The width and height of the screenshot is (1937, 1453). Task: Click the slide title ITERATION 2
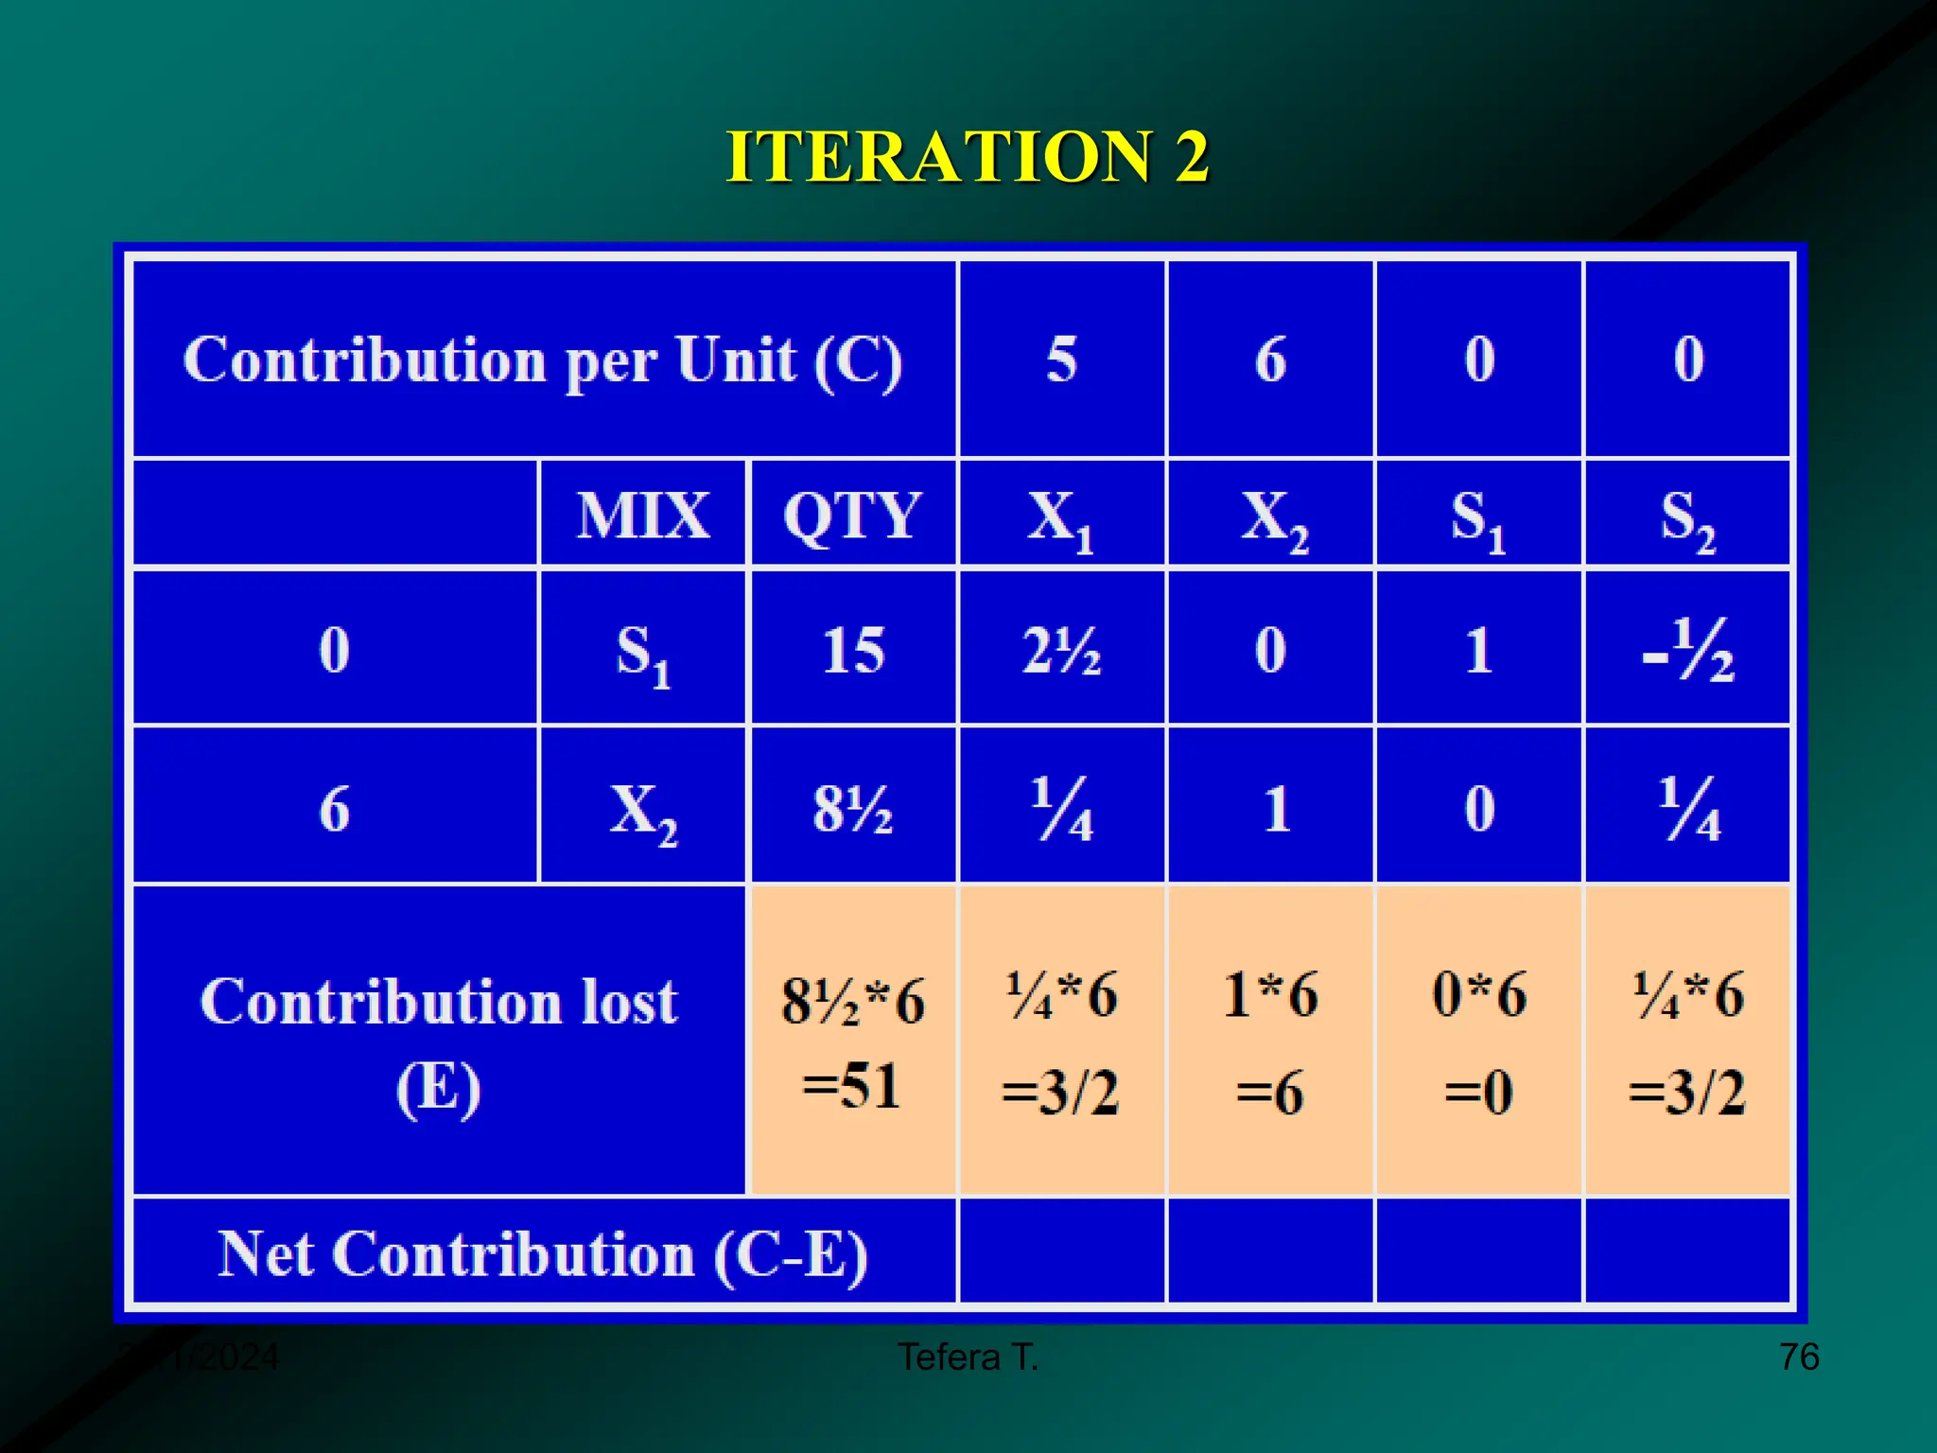967,157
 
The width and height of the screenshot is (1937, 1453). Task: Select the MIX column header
643,516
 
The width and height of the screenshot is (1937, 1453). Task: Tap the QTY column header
852,516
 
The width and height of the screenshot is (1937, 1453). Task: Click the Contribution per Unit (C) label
543,360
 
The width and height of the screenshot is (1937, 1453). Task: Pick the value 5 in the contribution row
1061,360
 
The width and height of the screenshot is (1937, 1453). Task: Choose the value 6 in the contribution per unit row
1270,360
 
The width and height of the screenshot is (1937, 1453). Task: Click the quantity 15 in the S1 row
853,651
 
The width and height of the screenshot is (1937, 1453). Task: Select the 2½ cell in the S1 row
1061,651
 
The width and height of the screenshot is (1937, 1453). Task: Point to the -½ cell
1688,651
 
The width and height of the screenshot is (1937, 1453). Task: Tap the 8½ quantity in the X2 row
852,810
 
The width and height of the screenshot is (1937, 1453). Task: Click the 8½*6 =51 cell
852,1042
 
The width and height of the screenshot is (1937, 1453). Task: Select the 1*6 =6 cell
1270,1042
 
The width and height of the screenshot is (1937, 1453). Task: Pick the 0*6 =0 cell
1479,1042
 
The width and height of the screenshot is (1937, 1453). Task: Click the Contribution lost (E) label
439,1042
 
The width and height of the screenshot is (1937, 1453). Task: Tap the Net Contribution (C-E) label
543,1254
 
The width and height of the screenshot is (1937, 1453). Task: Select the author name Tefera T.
968,1357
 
